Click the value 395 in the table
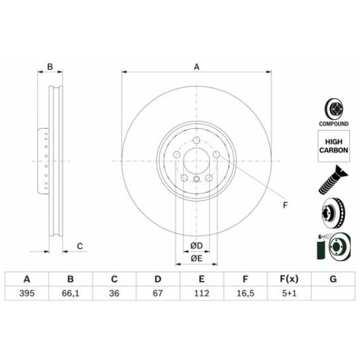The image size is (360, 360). pyautogui.click(x=27, y=293)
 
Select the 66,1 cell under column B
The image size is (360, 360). pyautogui.click(x=70, y=293)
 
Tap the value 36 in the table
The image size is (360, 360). pyautogui.click(x=114, y=293)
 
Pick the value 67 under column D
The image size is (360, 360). pyautogui.click(x=157, y=293)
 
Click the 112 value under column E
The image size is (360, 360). pyautogui.click(x=201, y=293)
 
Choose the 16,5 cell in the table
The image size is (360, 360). pyautogui.click(x=245, y=293)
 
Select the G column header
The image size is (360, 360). pyautogui.click(x=332, y=278)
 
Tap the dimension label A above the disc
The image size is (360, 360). pyautogui.click(x=197, y=66)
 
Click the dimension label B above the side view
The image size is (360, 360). pyautogui.click(x=49, y=66)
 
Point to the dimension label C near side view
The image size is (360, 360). pyautogui.click(x=79, y=246)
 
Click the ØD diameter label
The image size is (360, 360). pyautogui.click(x=197, y=244)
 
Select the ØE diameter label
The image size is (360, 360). pyautogui.click(x=197, y=258)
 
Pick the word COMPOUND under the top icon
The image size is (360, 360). pyautogui.click(x=333, y=125)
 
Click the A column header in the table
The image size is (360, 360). pyautogui.click(x=27, y=278)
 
